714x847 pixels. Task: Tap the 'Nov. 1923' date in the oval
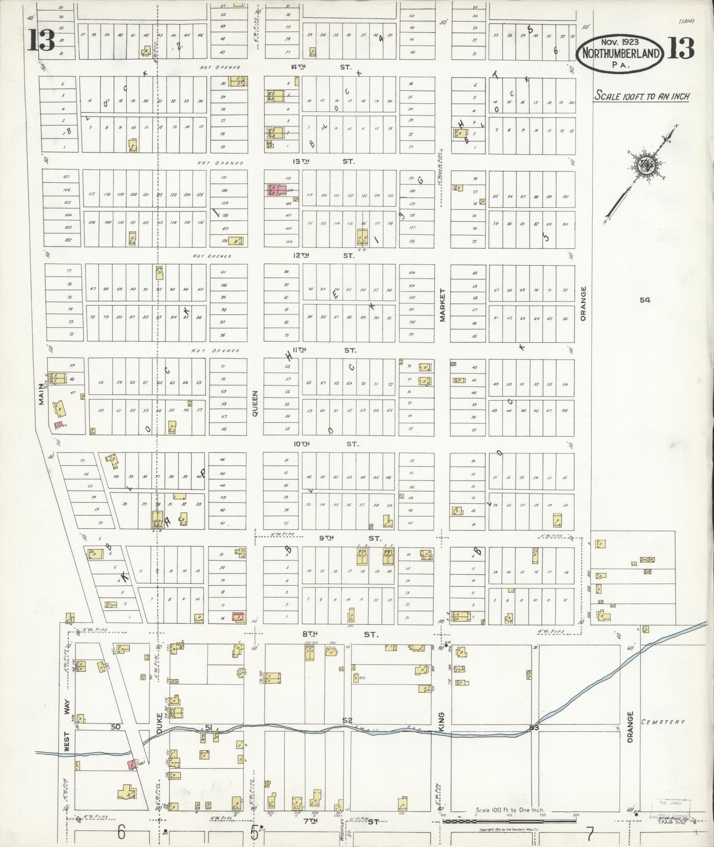tap(619, 42)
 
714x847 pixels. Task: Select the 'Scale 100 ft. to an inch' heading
tap(642, 96)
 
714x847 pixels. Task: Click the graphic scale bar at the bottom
tap(509, 821)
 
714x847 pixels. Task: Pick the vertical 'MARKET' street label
tap(442, 305)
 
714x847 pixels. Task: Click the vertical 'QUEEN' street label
tap(255, 403)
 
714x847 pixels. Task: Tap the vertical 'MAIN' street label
tap(42, 394)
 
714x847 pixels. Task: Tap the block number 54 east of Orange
tap(645, 300)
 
